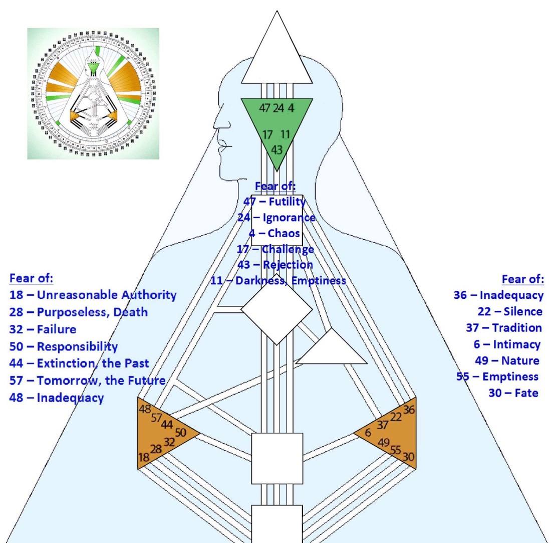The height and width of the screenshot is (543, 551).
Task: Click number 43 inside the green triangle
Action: point(277,149)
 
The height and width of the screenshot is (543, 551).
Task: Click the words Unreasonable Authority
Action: point(107,295)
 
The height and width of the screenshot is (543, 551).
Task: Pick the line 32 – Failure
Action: point(43,329)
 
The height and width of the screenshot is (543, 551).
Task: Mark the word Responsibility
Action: point(77,346)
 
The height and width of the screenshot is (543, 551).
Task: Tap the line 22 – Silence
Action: point(509,311)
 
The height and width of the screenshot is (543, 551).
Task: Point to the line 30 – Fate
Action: point(513,393)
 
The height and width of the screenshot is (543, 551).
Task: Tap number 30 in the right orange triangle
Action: point(409,457)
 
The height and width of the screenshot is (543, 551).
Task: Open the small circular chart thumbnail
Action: point(93,94)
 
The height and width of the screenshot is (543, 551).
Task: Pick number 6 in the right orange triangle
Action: point(368,433)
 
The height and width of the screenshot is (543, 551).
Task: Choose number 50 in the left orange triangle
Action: point(181,432)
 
